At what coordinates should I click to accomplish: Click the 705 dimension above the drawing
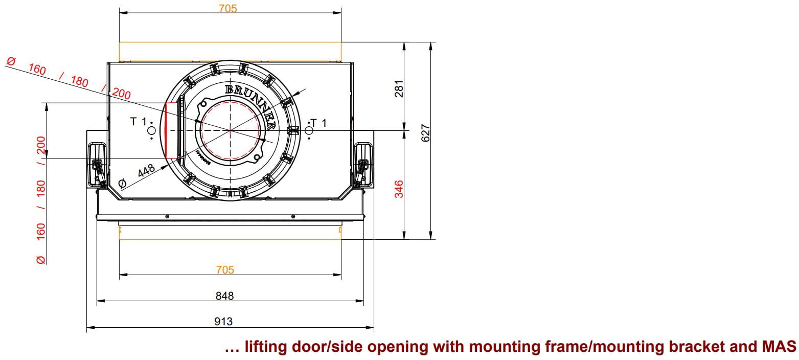click(227, 8)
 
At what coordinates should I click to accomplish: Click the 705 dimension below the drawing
click(225, 269)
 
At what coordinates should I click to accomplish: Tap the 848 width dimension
click(224, 296)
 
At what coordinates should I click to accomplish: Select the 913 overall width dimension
click(223, 322)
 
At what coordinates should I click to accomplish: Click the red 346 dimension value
click(399, 189)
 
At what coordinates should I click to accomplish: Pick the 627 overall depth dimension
click(425, 133)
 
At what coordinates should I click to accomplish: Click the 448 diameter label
click(146, 171)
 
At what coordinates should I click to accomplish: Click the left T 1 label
click(139, 122)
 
